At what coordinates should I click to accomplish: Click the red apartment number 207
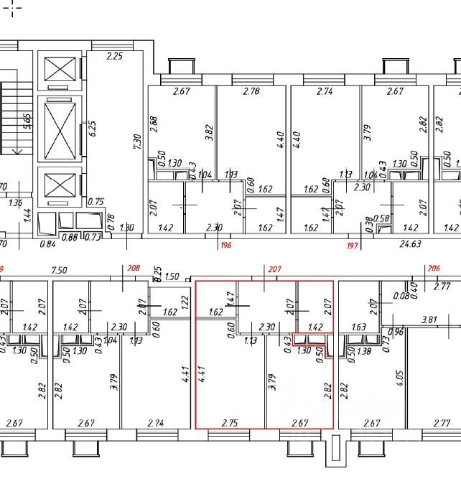[274, 269]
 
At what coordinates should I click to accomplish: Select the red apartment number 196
[227, 245]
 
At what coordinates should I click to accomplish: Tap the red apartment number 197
[352, 245]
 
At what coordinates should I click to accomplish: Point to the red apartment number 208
[134, 269]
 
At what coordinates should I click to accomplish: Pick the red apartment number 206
[433, 269]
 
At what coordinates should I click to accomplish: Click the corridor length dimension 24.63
[410, 245]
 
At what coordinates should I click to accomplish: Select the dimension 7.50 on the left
[60, 271]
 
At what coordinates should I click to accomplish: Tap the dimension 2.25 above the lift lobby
[115, 56]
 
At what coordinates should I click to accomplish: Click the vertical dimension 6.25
[91, 129]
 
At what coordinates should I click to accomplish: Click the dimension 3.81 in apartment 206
[429, 319]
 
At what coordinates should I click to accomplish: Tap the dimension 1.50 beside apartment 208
[172, 276]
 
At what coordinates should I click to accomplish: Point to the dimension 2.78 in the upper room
[251, 92]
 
